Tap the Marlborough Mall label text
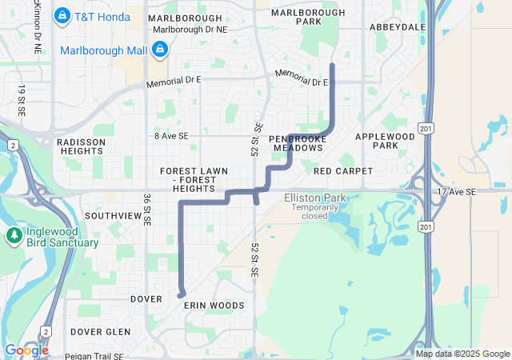click(x=104, y=50)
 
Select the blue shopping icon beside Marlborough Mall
click(x=159, y=50)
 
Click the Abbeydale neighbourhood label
click(x=398, y=26)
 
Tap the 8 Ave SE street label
click(x=171, y=137)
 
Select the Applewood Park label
click(x=386, y=141)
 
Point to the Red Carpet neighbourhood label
click(x=343, y=171)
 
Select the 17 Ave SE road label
click(x=456, y=192)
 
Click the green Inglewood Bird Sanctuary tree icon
click(x=14, y=235)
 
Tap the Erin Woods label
click(x=214, y=306)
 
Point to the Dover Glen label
click(x=100, y=331)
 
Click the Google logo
click(x=26, y=350)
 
